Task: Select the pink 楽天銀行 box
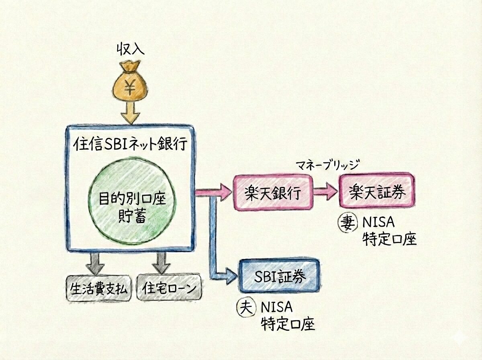pos(272,192)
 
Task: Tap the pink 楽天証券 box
pos(376,191)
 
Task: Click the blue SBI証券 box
pos(280,276)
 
